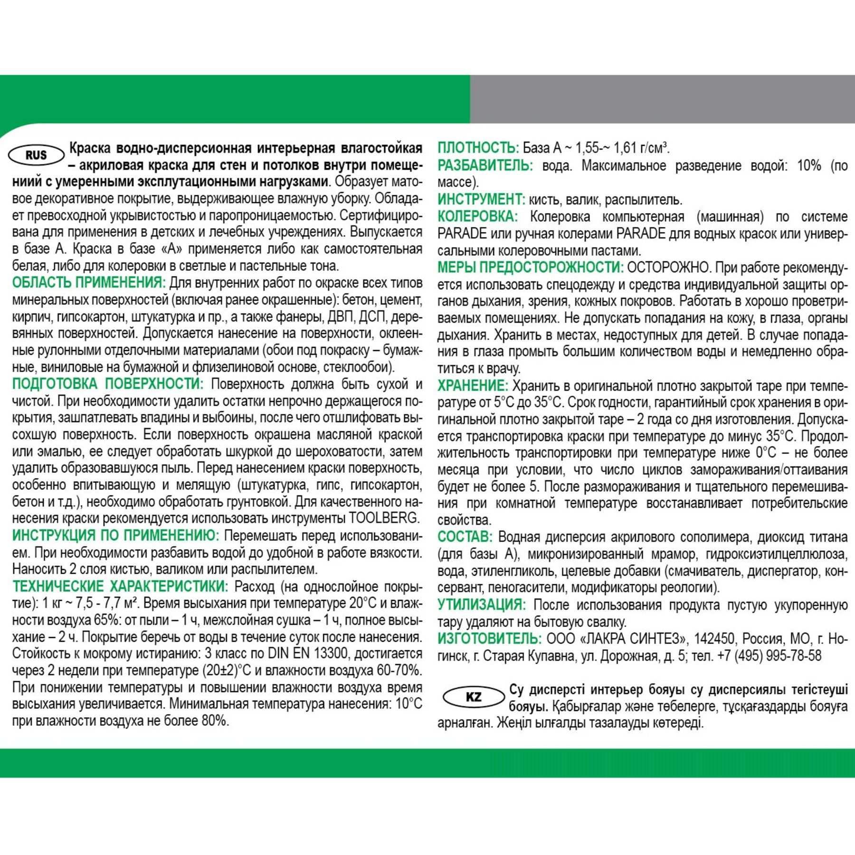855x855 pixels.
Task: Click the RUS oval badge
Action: [x=37, y=155]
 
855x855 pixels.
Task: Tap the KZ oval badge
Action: [x=474, y=697]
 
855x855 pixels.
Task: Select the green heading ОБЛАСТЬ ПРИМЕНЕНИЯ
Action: [x=89, y=283]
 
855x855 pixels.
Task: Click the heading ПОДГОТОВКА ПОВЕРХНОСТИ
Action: [x=108, y=384]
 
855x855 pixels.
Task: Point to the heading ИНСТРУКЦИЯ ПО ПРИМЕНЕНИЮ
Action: [x=115, y=536]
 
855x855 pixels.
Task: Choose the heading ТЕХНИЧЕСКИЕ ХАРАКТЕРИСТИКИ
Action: [x=120, y=587]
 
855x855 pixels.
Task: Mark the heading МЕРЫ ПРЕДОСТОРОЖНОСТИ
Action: [x=530, y=267]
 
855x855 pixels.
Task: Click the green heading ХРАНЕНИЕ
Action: [x=473, y=385]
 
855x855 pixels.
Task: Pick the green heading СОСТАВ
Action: [x=465, y=537]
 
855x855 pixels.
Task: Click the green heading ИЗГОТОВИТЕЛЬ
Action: [x=489, y=639]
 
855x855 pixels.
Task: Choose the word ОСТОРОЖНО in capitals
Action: [x=668, y=267]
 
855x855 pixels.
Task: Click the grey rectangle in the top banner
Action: [x=662, y=99]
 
